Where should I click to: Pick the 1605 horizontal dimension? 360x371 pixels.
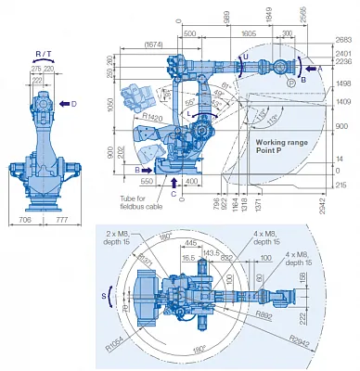pyautogui.click(x=248, y=32)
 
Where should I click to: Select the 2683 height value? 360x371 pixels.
pyautogui.click(x=344, y=39)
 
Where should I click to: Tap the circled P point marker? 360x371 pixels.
pyautogui.click(x=290, y=82)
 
